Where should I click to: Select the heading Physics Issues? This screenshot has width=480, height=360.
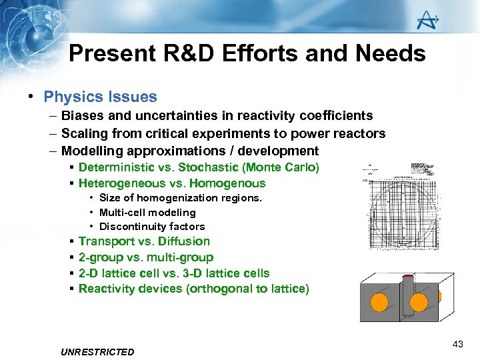(100, 97)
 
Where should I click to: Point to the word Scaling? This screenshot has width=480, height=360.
(84, 134)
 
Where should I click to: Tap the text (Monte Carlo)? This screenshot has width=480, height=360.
(281, 167)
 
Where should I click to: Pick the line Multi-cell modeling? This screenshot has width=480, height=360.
(147, 213)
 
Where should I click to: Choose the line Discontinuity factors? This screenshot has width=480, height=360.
(152, 227)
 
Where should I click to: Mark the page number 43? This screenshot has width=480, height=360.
(457, 344)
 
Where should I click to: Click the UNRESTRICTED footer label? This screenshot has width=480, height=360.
(97, 352)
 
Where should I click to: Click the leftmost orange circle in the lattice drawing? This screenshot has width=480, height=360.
(379, 303)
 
